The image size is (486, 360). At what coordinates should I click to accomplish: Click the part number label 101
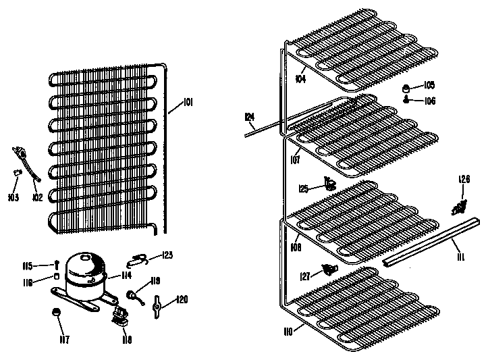[x=188, y=103]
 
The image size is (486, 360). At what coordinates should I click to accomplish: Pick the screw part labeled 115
[x=59, y=265]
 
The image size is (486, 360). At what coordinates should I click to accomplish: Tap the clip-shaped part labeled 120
[x=157, y=307]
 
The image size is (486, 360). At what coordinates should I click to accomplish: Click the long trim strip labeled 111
[x=432, y=240]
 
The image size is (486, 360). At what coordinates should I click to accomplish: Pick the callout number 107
[x=294, y=159]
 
